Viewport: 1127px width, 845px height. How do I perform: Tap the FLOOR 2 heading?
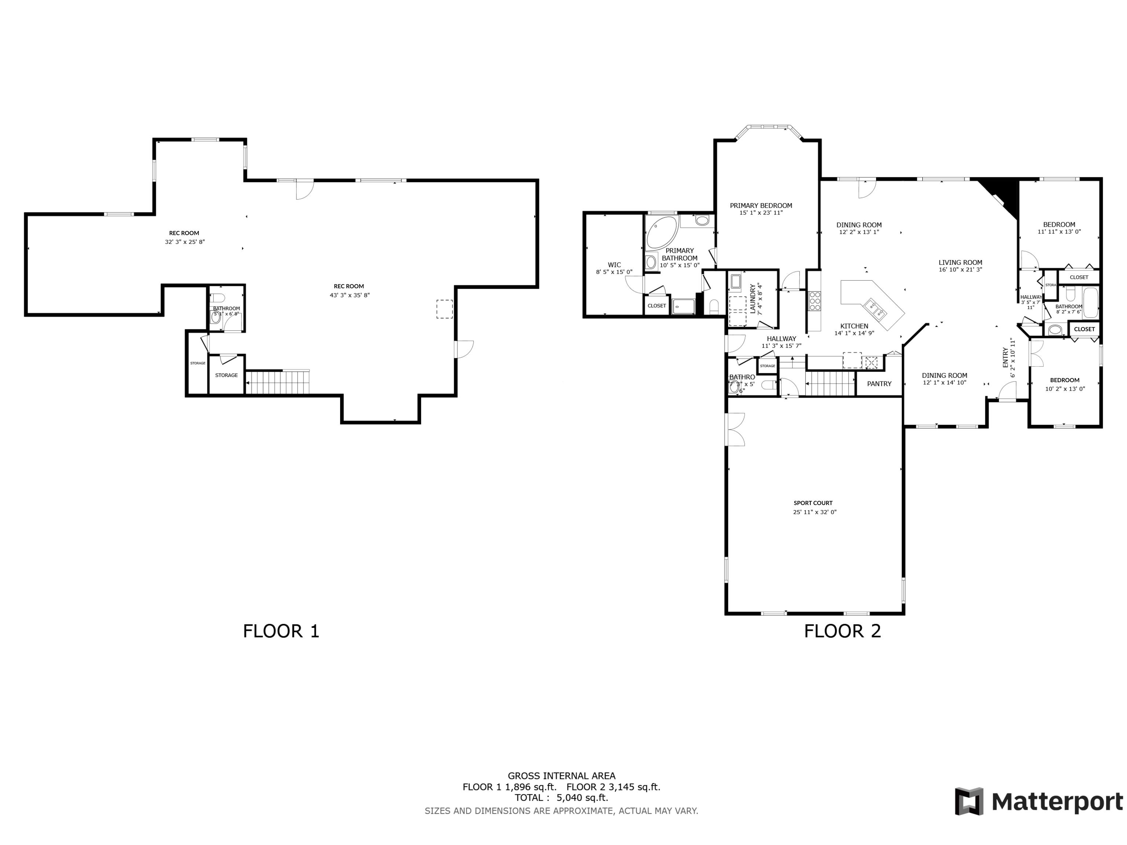pos(842,631)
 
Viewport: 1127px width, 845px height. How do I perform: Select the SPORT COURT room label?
pos(813,503)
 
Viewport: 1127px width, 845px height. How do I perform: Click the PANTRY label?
pos(879,384)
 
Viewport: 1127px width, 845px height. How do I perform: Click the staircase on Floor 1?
pos(278,382)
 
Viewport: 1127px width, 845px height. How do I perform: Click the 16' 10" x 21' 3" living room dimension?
pos(960,270)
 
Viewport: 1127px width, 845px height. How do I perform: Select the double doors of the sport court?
pos(735,429)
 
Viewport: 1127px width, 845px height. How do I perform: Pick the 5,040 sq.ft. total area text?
pos(582,798)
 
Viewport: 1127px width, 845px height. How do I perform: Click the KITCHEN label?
pos(854,326)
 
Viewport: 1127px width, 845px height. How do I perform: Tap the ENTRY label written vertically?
pos(1005,357)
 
